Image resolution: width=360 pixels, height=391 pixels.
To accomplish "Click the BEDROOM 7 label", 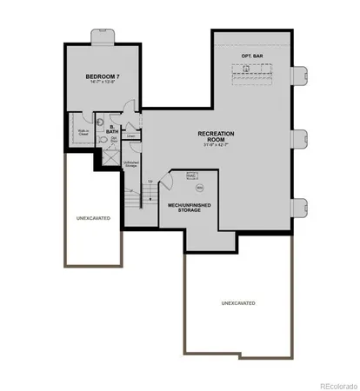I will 101,76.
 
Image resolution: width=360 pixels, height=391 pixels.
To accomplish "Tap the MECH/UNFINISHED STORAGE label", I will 189,208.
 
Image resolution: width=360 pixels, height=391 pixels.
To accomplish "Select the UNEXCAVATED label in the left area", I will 93,218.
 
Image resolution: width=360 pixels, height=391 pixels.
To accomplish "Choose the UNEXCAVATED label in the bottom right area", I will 238,304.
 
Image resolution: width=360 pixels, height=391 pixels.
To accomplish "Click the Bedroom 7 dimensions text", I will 101,84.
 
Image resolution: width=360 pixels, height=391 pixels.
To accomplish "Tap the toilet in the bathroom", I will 103,138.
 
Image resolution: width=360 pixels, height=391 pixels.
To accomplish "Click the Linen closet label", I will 130,136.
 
